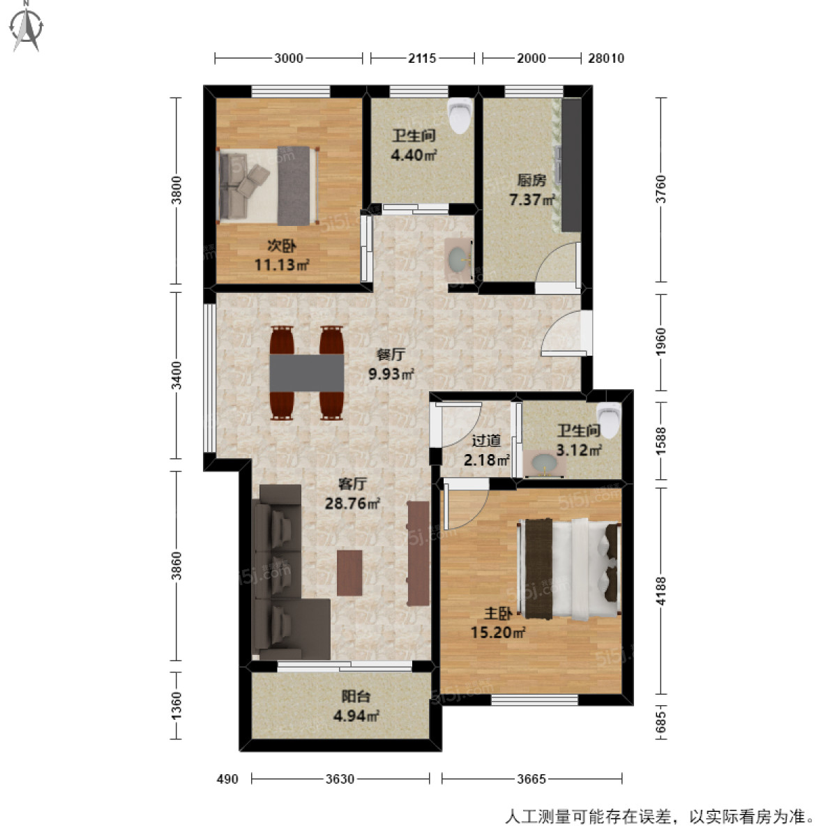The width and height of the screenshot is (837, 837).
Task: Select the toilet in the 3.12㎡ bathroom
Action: (x=609, y=420)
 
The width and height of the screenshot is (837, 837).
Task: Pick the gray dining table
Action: (x=307, y=373)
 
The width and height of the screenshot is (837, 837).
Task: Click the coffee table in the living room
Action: (x=349, y=573)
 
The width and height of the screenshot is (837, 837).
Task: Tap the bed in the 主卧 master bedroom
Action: (x=569, y=568)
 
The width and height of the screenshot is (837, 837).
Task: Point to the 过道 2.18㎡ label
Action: (x=486, y=450)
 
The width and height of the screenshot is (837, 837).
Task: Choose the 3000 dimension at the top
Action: (x=288, y=59)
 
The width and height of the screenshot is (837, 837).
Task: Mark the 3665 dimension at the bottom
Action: (x=531, y=778)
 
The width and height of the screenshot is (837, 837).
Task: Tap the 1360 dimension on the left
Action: (x=176, y=706)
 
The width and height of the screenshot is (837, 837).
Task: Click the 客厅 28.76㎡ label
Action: (x=352, y=494)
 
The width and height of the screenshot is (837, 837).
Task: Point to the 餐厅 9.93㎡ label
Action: (x=391, y=364)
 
